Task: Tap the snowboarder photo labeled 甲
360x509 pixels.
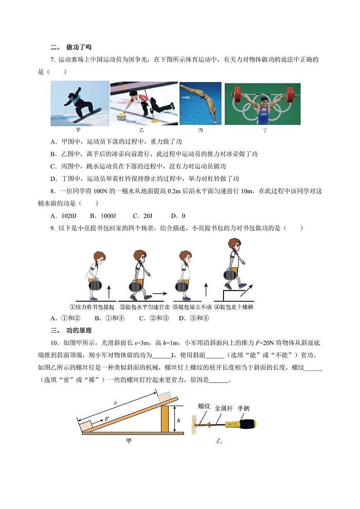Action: pos(80,103)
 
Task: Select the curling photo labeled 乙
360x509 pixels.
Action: pos(143,103)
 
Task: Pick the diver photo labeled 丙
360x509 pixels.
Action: pos(200,103)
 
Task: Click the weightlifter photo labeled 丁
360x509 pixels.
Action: pos(263,103)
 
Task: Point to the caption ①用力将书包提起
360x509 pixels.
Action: pos(95,307)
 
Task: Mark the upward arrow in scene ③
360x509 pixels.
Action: pos(205,289)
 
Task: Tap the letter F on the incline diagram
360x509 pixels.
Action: pos(107,419)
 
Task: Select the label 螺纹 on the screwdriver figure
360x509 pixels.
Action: pos(204,406)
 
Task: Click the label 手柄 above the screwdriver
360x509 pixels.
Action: pos(243,408)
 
